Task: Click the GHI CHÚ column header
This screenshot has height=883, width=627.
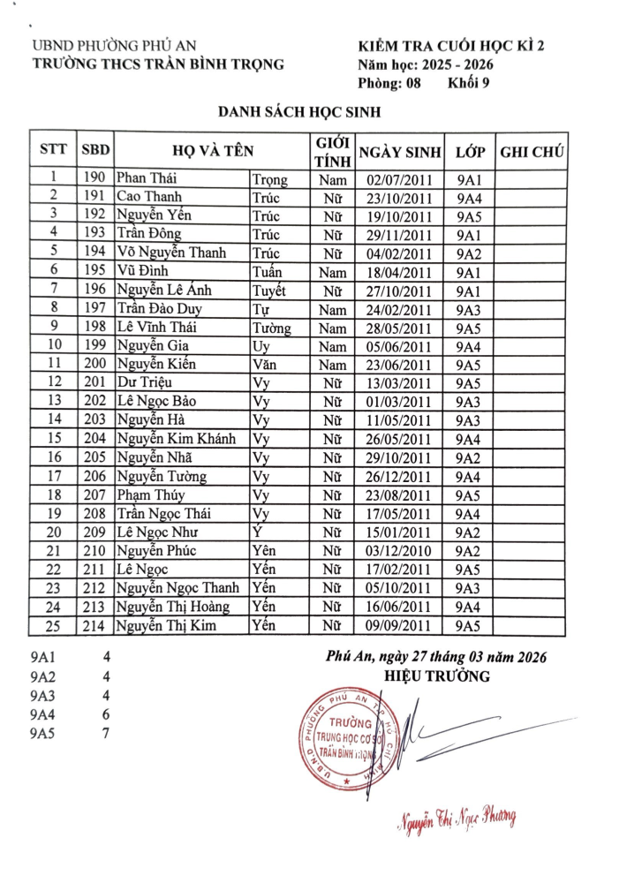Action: [x=533, y=151]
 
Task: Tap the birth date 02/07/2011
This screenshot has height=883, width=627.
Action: [x=399, y=179]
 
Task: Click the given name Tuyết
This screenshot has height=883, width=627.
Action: [x=268, y=290]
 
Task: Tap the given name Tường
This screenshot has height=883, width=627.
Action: [x=271, y=327]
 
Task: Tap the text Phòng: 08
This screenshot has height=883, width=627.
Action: [x=389, y=84]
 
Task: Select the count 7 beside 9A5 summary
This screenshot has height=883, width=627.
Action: [x=106, y=733]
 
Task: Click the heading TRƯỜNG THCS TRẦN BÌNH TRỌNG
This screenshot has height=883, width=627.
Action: [x=157, y=64]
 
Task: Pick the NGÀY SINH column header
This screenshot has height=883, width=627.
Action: [x=399, y=151]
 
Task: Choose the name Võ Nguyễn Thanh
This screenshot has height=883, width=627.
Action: [x=171, y=253]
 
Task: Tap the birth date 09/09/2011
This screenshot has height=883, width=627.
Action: [x=399, y=626]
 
